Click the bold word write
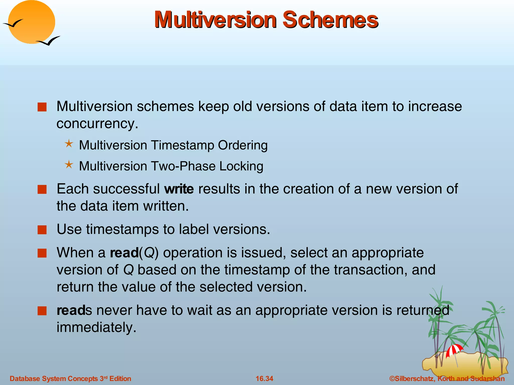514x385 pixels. click(179, 189)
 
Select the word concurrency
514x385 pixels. click(97, 123)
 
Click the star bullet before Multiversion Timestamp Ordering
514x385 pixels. click(69, 144)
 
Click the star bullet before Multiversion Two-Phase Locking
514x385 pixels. click(69, 165)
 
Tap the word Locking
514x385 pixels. click(241, 166)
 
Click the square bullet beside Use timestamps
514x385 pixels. click(42, 229)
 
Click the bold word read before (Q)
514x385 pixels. click(124, 253)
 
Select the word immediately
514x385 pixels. click(96, 327)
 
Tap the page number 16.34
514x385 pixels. click(264, 378)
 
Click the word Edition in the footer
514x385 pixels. click(120, 378)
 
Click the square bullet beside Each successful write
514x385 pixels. click(42, 189)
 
